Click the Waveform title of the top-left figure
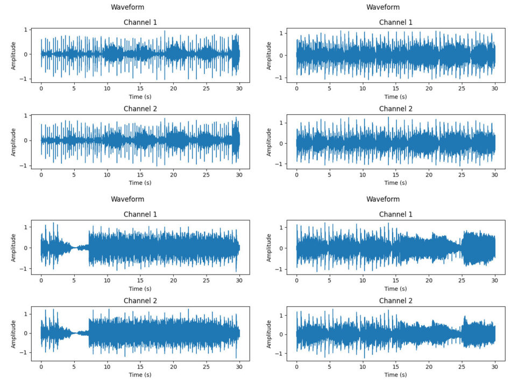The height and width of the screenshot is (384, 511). pyautogui.click(x=127, y=7)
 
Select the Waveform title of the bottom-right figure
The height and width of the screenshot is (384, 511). pyautogui.click(x=383, y=199)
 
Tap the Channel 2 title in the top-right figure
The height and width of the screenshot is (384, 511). pyautogui.click(x=396, y=109)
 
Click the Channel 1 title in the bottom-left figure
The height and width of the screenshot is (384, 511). pyautogui.click(x=140, y=214)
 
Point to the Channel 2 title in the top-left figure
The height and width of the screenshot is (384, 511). pyautogui.click(x=140, y=109)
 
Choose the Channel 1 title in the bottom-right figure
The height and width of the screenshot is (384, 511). pyautogui.click(x=396, y=214)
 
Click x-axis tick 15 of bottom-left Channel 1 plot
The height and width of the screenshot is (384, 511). pyautogui.click(x=140, y=280)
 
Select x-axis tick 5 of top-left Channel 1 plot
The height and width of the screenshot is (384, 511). pyautogui.click(x=74, y=88)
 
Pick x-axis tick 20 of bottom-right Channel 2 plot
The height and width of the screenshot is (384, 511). pyautogui.click(x=429, y=366)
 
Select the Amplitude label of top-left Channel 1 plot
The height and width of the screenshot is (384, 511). pyautogui.click(x=14, y=54)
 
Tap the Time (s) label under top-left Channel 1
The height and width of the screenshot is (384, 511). pyautogui.click(x=140, y=96)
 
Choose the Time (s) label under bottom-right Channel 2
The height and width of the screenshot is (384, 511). pyautogui.click(x=396, y=375)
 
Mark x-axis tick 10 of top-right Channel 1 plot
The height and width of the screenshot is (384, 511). pyautogui.click(x=363, y=88)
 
